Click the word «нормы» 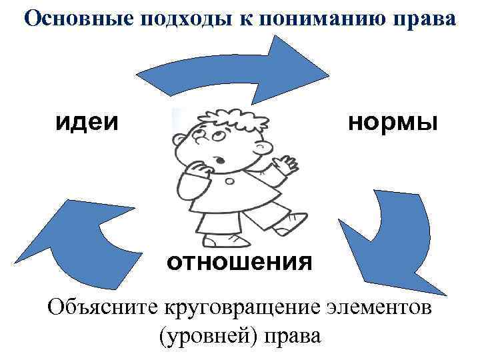click(x=393, y=122)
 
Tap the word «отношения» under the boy click(x=239, y=261)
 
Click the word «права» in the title click(x=426, y=18)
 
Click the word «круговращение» click(x=247, y=309)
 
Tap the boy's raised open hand click(x=285, y=163)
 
